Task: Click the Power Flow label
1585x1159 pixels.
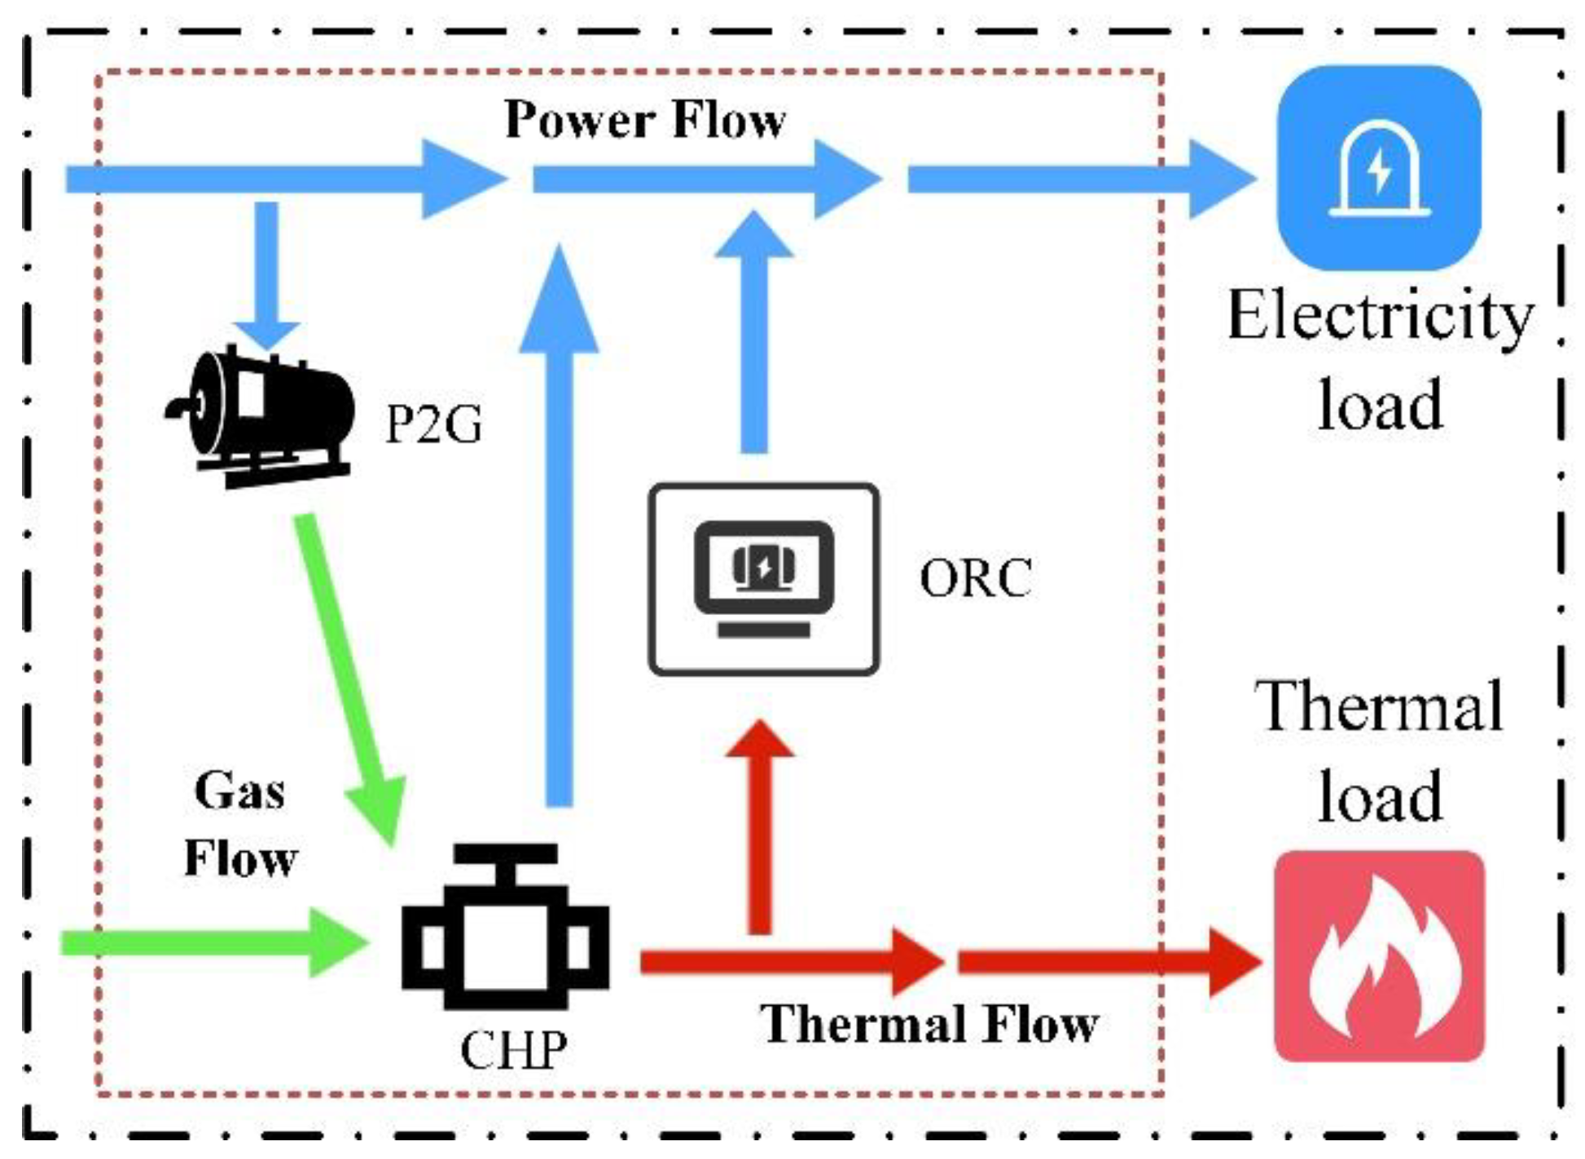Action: click(x=644, y=121)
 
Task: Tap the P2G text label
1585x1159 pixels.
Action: click(x=433, y=424)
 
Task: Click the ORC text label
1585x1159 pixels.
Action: click(x=975, y=578)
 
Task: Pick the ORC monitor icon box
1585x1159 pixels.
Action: click(x=763, y=579)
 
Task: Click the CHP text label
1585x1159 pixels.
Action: click(x=513, y=1050)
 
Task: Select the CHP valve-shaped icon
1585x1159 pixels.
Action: click(x=505, y=929)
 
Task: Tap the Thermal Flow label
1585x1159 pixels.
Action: click(x=929, y=1024)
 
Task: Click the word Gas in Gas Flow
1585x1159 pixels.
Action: click(x=239, y=790)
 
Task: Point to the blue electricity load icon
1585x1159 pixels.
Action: click(x=1379, y=168)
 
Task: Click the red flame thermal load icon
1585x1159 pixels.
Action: click(x=1379, y=956)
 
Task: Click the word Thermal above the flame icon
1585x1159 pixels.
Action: click(x=1379, y=707)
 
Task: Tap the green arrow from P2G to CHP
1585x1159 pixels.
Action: click(x=350, y=676)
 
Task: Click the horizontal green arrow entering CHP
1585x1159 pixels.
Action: click(x=212, y=942)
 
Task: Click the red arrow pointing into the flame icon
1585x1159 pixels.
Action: click(x=1108, y=962)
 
